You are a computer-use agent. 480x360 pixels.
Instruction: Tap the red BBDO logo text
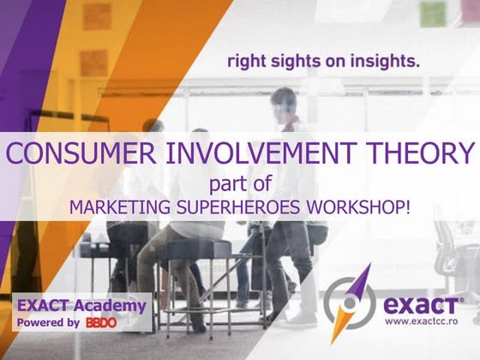pos(100,322)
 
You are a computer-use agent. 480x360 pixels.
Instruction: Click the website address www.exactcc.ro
pos(423,321)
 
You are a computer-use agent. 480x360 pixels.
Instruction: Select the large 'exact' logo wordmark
pos(423,303)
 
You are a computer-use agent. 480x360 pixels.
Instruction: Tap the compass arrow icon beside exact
pos(351,303)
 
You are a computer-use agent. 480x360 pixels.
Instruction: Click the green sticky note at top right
pos(433,12)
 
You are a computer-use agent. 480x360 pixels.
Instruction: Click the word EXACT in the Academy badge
pos(44,305)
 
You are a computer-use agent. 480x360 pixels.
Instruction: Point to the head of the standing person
pos(284,101)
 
